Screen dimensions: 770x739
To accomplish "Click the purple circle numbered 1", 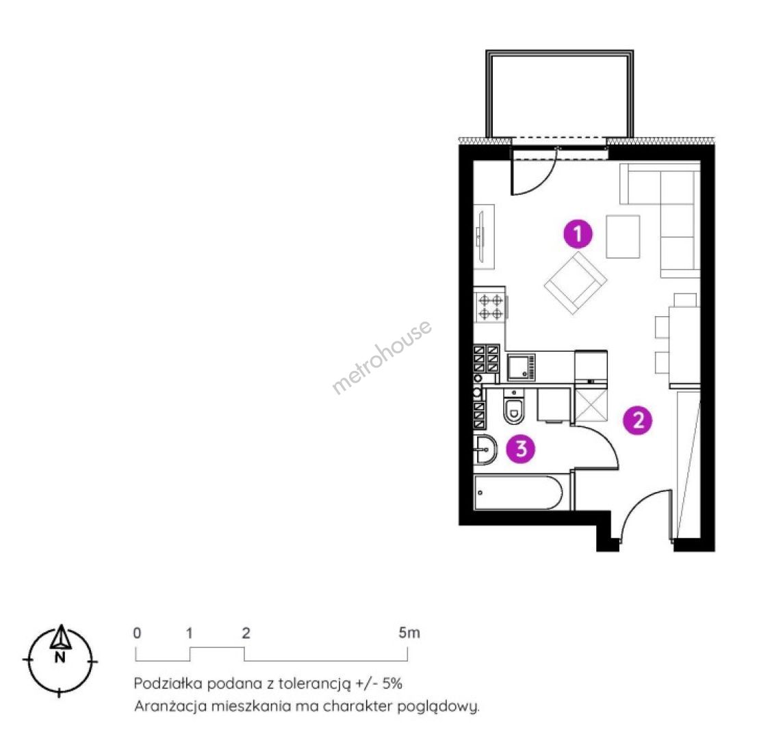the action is [578, 233].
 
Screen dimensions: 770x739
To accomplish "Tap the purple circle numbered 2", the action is [638, 420].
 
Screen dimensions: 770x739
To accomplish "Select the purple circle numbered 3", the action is [521, 448].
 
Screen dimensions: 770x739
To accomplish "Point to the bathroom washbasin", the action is [486, 450].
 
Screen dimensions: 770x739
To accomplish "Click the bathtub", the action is [518, 493].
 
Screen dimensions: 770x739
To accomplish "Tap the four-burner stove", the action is [491, 307].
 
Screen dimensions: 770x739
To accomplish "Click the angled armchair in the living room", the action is [576, 283].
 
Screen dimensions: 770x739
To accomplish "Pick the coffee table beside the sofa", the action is [623, 237].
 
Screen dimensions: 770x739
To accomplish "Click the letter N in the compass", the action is [60, 658].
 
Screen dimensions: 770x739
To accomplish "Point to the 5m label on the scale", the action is [409, 633].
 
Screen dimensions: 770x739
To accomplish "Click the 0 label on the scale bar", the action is [137, 633].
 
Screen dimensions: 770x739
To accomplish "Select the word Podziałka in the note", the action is [168, 684].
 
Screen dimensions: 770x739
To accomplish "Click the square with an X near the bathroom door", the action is [591, 406].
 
